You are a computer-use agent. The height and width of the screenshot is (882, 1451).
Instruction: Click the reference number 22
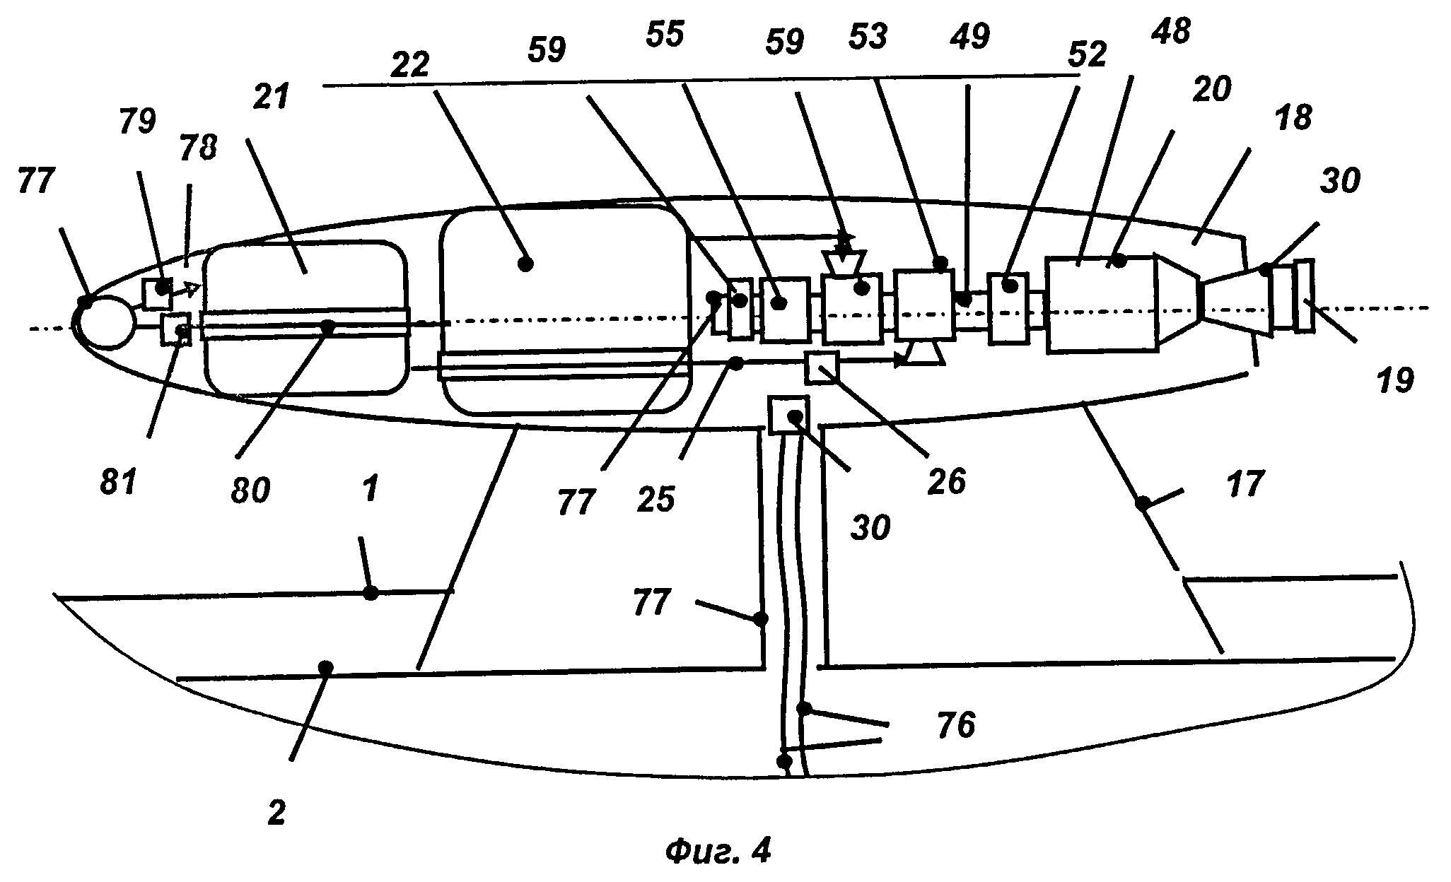coord(411,65)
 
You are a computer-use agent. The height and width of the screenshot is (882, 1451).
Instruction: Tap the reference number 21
coord(272,95)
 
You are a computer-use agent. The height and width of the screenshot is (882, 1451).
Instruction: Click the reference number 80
coord(250,490)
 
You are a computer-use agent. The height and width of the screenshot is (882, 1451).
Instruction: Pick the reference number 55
coord(665,35)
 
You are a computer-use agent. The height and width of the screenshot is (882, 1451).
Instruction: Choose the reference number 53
coord(868,35)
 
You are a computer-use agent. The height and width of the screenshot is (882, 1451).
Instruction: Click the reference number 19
coord(1394,380)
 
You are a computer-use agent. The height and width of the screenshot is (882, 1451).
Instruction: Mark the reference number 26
coord(947,481)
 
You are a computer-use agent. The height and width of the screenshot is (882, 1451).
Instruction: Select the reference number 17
coord(1245,486)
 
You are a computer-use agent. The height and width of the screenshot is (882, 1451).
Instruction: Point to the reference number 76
coord(956,725)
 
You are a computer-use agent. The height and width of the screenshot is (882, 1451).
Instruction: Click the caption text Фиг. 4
coord(718,852)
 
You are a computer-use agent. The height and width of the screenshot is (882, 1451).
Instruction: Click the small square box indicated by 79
coord(156,293)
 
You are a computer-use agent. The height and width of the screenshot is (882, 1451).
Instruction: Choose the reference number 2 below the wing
coord(276,813)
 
